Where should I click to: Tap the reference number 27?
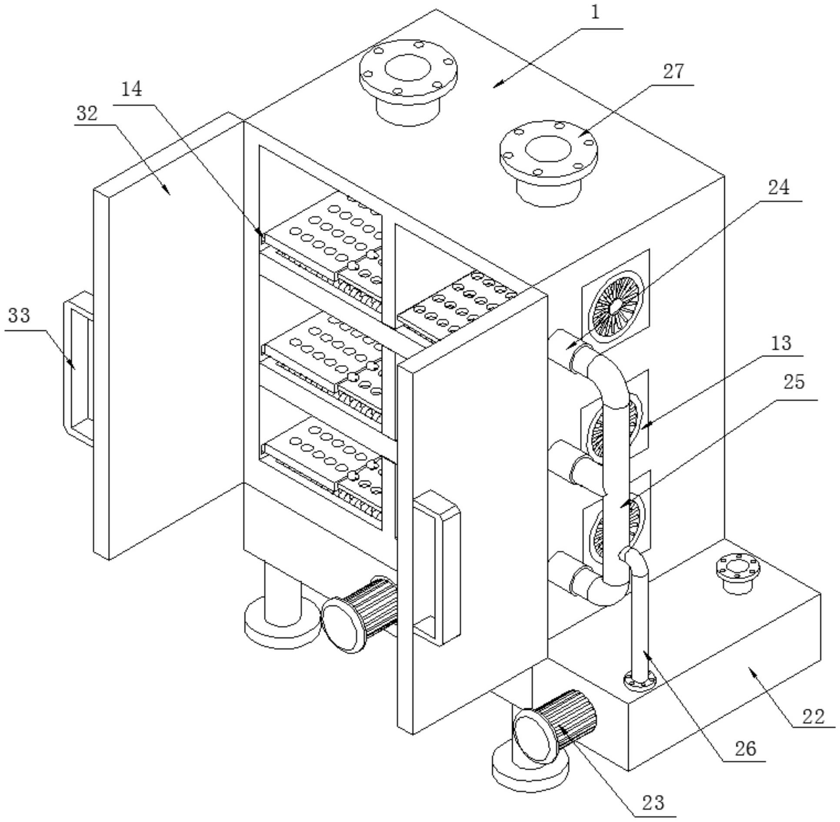click(673, 71)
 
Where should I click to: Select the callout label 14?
click(131, 89)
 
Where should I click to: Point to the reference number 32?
click(87, 114)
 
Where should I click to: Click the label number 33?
click(19, 315)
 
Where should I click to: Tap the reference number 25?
click(794, 382)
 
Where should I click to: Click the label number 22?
click(813, 716)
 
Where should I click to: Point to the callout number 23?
click(653, 802)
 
